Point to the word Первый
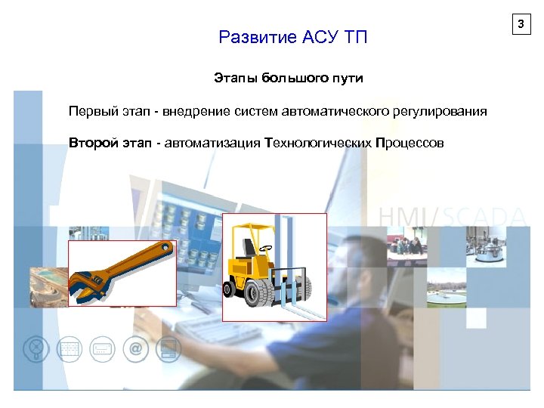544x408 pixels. pos(92,112)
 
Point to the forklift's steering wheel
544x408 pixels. pos(265,247)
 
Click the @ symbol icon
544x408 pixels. pos(135,348)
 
